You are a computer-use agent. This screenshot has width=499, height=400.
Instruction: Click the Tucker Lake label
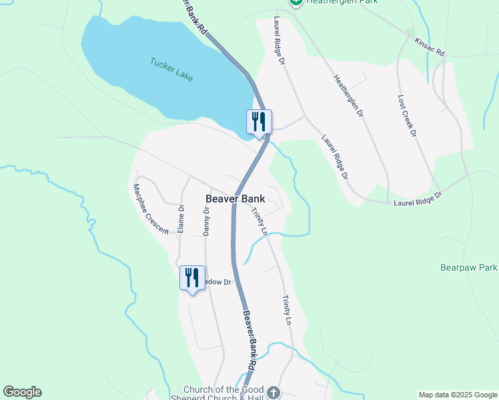pyautogui.click(x=171, y=69)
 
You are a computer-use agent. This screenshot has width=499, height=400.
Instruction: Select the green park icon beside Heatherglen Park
pyautogui.click(x=296, y=3)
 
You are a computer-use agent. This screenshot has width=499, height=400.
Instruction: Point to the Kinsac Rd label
pyautogui.click(x=429, y=47)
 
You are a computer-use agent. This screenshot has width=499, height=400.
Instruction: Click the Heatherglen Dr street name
pyautogui.click(x=348, y=96)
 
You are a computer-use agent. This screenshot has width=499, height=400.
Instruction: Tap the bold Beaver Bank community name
pyautogui.click(x=235, y=199)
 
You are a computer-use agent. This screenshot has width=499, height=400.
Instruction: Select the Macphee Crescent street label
pyautogui.click(x=151, y=209)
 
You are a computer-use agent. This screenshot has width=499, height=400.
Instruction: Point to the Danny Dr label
pyautogui.click(x=206, y=221)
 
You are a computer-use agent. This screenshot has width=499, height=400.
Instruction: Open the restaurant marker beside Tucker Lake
pyautogui.click(x=259, y=122)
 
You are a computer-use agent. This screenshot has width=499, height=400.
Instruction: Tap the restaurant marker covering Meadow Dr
pyautogui.click(x=192, y=277)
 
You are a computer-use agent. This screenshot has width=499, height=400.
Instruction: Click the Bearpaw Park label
pyautogui.click(x=469, y=268)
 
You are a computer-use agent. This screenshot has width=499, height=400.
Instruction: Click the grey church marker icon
pyautogui.click(x=274, y=393)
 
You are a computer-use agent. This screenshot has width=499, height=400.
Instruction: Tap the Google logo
pyautogui.click(x=22, y=392)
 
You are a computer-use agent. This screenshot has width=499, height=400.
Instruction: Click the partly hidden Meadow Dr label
pyautogui.click(x=217, y=283)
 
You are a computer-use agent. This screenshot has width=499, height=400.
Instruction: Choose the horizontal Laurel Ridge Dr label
pyautogui.click(x=418, y=199)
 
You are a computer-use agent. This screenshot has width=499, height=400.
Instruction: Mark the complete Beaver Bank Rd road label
pyautogui.click(x=248, y=340)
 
